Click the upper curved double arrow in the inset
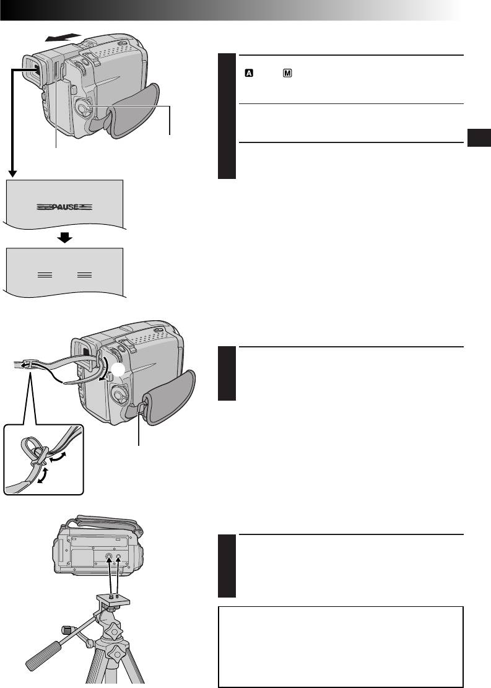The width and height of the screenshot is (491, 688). [x=60, y=458]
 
